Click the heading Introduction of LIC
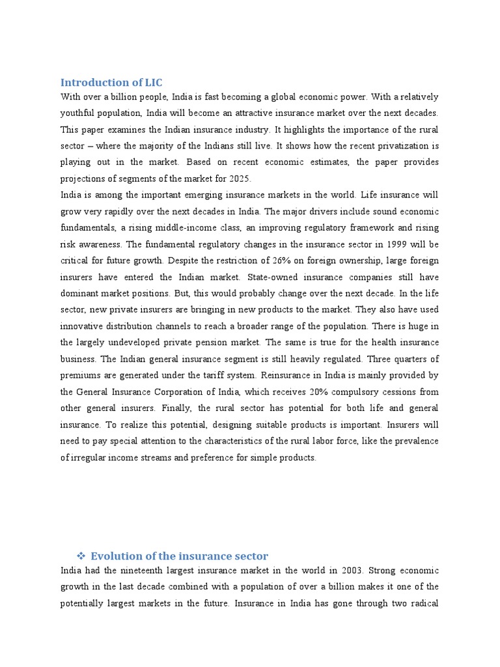[x=111, y=82]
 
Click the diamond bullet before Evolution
[x=81, y=556]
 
